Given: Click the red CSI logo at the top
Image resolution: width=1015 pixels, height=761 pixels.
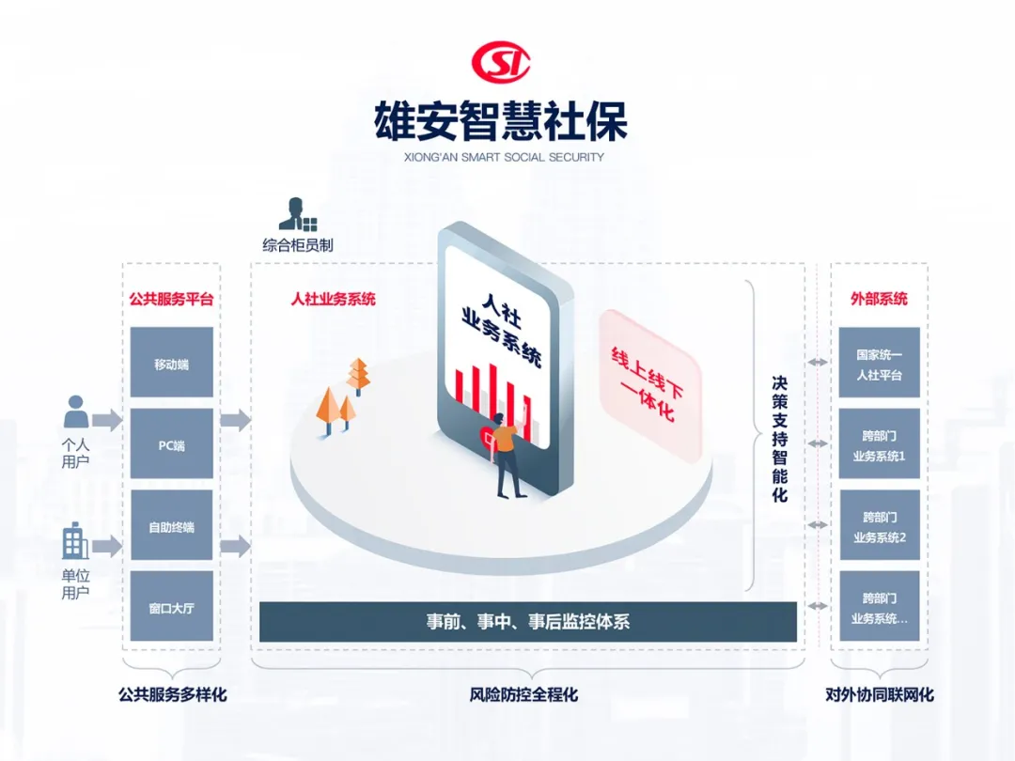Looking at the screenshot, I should coord(501,63).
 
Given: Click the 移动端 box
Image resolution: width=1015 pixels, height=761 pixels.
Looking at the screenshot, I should coord(171,363).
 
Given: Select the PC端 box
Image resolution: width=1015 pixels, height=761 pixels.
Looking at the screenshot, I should coord(171,444).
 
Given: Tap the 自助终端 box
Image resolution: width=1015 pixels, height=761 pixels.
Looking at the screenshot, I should coord(171,526).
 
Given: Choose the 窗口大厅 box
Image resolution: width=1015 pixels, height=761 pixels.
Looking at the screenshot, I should coord(171,607).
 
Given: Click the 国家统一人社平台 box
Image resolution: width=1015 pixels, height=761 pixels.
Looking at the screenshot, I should coord(879,364).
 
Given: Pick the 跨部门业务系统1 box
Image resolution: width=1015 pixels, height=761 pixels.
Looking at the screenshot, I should coord(879,444).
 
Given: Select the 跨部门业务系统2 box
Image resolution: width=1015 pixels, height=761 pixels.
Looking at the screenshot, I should coord(879,526).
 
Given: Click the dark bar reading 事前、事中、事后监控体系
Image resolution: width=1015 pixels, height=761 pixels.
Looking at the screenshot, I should coord(527,622).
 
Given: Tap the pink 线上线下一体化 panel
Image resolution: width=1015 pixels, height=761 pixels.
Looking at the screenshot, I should coord(650,385).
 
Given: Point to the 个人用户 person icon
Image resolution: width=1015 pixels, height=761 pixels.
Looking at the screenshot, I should coord(76,412).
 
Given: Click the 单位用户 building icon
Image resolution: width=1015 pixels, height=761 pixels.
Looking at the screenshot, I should coord(75,543).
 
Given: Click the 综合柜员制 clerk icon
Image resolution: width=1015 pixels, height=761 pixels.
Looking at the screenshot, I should coord(297,215).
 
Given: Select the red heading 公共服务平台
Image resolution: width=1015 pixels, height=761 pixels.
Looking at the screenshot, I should coord(171,300).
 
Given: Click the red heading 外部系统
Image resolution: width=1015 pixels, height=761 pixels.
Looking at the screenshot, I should coord(879,300).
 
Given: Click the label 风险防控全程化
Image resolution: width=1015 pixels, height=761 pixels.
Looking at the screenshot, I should coord(523,695).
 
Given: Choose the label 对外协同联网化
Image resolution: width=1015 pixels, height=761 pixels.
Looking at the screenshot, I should coord(880,695).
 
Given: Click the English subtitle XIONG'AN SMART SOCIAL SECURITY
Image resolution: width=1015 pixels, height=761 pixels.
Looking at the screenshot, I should coord(501,157).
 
